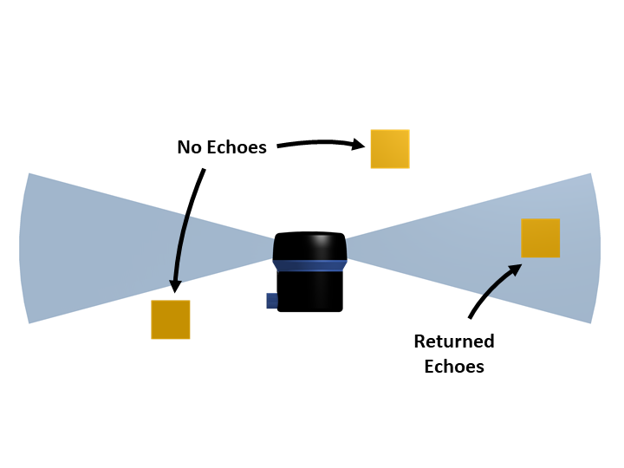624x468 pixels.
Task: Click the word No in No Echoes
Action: (188, 147)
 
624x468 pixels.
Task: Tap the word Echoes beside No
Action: (236, 147)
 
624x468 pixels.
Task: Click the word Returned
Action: (453, 341)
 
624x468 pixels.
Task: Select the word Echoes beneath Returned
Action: (453, 366)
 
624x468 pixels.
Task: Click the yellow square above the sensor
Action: (390, 148)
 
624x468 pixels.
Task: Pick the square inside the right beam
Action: (540, 237)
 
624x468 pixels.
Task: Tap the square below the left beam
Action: (171, 319)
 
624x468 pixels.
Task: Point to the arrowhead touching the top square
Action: (359, 145)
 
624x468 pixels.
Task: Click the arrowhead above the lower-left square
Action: (173, 285)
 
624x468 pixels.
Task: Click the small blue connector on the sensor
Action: (272, 301)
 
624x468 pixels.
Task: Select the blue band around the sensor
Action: (309, 264)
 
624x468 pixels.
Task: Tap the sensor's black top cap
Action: (309, 246)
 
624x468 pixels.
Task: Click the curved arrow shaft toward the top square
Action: (316, 139)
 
